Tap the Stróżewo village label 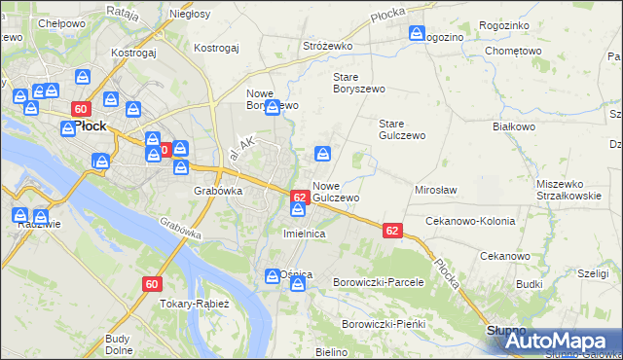pos(326,46)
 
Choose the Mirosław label pos(436,190)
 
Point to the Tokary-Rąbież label pos(194,304)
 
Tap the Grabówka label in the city pos(217,192)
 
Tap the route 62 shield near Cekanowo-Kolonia pos(392,231)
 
